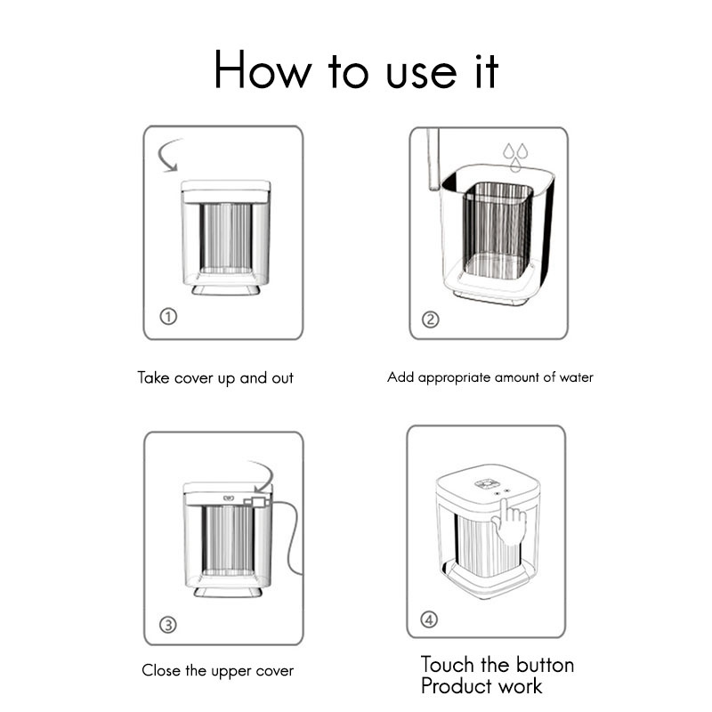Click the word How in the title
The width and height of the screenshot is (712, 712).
coord(263,69)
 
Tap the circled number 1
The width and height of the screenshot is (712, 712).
coord(168,316)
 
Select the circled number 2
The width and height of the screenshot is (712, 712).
coord(431,320)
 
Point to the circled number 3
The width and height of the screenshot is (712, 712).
coord(168,625)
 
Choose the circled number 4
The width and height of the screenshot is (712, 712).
coord(429,619)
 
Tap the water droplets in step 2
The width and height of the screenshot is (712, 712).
coord(515,158)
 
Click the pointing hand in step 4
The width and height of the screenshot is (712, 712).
coord(508,522)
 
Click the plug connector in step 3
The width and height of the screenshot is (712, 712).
coord(256,501)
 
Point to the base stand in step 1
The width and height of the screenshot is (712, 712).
coord(226,290)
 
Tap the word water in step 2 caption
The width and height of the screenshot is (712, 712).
coord(576,377)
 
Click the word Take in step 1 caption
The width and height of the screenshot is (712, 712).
coord(153,377)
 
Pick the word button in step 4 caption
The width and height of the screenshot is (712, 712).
coord(546,665)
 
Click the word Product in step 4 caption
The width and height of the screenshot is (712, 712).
coord(458,685)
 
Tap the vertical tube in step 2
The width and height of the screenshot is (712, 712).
coord(433,158)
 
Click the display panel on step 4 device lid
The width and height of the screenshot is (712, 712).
coord(487,484)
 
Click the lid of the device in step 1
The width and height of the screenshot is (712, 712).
coord(226,191)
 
